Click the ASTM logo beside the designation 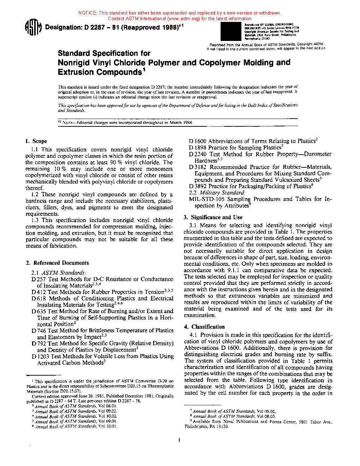click(x=33, y=28)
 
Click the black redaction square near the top click(x=230, y=31)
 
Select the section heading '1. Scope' click(x=36, y=141)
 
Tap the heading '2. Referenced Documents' click(x=57, y=263)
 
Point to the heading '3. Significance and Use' click(x=213, y=217)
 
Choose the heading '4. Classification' click(x=204, y=327)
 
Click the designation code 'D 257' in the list click(x=39, y=279)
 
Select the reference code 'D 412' click(x=39, y=292)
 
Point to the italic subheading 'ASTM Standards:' click(x=64, y=273)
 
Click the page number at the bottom click(x=179, y=440)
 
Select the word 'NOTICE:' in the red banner click(x=88, y=13)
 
